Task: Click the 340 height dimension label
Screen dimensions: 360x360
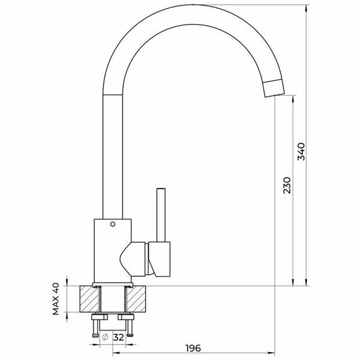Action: [301, 151]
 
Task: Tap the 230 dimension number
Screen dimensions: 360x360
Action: [287, 185]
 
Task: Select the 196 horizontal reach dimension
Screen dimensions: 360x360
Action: [193, 348]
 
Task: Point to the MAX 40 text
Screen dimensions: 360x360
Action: [56, 299]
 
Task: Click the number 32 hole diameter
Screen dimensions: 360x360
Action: [119, 337]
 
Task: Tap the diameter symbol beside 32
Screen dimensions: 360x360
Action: [105, 337]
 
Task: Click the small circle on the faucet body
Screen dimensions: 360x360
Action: [113, 224]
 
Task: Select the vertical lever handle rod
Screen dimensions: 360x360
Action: [161, 215]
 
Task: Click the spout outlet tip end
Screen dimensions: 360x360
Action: [275, 95]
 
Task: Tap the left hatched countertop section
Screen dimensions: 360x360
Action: [90, 299]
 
